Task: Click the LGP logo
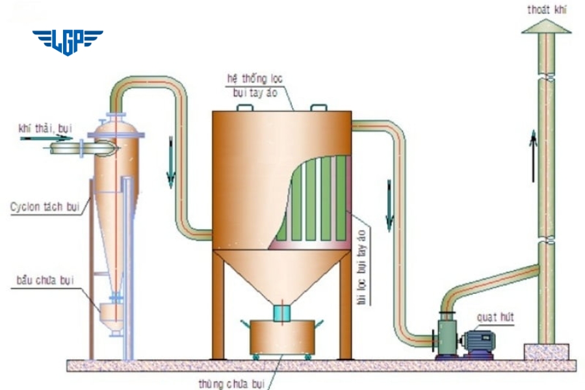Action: [68, 42]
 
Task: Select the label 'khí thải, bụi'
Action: [45, 129]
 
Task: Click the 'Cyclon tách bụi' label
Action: [44, 207]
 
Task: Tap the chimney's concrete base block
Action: [547, 352]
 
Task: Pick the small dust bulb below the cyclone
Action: [112, 315]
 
